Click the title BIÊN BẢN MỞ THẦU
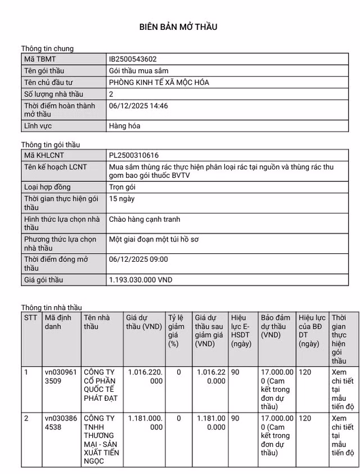click(x=178, y=26)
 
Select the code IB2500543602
click(x=133, y=59)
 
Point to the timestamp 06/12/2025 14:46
click(x=138, y=106)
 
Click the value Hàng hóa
click(x=124, y=126)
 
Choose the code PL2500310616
click(x=133, y=155)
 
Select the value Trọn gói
click(x=122, y=187)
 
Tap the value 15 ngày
click(x=121, y=199)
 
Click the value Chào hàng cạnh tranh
click(x=145, y=219)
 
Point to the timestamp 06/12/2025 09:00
click(x=138, y=260)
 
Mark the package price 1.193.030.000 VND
click(x=141, y=280)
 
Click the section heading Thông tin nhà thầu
click(x=51, y=307)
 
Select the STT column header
click(x=30, y=318)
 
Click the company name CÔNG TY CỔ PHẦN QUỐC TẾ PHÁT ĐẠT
click(x=101, y=385)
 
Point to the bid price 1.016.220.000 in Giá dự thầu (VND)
click(x=145, y=376)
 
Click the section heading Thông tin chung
click(x=47, y=49)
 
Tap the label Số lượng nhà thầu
click(x=53, y=95)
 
